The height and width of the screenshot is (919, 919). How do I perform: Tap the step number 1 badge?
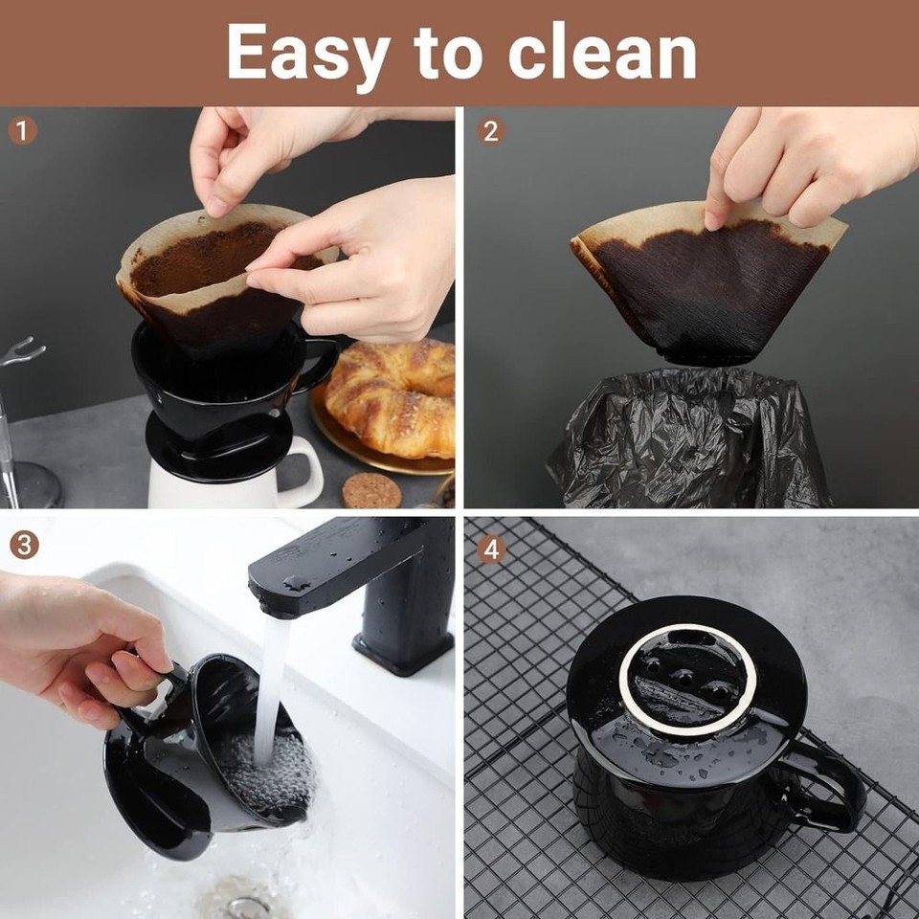pos(23,130)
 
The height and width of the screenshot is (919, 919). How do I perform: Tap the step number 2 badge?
pos(490,130)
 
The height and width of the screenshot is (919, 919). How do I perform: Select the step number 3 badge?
pos(23,545)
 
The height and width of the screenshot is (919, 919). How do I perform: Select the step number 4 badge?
pos(490,549)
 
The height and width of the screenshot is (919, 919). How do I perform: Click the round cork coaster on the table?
pos(370,490)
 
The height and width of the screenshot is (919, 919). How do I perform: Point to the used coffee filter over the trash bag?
pos(708,287)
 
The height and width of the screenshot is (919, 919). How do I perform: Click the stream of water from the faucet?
pos(271,670)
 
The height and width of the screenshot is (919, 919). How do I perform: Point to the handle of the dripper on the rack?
pos(833,785)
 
